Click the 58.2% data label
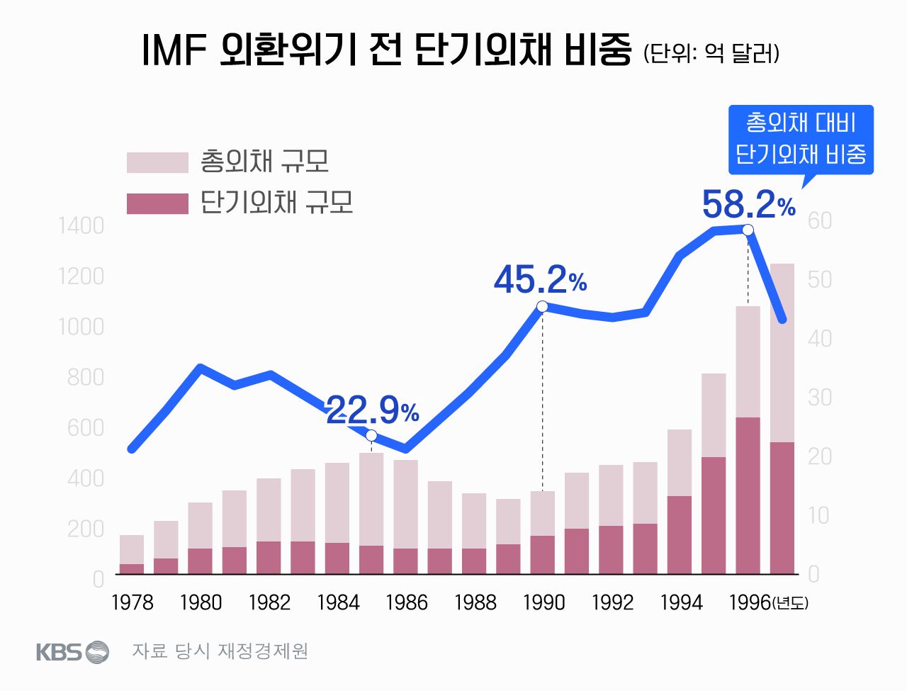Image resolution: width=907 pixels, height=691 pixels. (x=748, y=205)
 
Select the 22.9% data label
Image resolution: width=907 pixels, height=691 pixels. (x=373, y=410)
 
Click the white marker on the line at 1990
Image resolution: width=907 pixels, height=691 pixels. (x=542, y=306)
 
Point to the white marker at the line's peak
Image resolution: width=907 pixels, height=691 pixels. (x=748, y=230)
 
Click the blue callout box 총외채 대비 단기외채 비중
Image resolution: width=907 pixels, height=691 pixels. (x=801, y=139)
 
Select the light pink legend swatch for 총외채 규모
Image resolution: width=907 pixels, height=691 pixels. (x=157, y=162)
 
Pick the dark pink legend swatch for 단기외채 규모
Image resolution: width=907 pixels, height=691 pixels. (x=157, y=203)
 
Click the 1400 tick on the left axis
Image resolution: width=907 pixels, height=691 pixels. (x=81, y=226)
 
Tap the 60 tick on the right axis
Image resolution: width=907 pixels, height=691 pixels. (x=819, y=221)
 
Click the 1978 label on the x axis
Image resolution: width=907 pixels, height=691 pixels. (x=133, y=602)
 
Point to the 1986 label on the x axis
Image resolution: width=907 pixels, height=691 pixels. (x=407, y=602)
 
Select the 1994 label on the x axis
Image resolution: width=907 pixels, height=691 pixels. (x=681, y=602)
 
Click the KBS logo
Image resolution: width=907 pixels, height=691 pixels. (x=72, y=651)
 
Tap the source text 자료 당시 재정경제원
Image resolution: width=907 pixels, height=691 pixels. (x=220, y=651)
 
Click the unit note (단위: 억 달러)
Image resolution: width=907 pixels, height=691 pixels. (x=711, y=54)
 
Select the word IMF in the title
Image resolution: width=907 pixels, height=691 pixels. (x=174, y=50)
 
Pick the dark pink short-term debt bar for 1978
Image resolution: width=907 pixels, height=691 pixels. (x=132, y=568)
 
